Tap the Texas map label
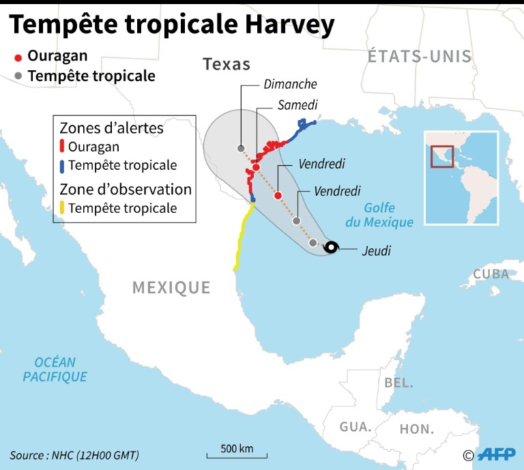[227, 65]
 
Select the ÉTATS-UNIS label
[420, 57]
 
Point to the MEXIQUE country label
[171, 287]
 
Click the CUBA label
[491, 274]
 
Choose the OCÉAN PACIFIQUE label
[55, 369]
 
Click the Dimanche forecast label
[290, 85]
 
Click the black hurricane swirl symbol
[331, 247]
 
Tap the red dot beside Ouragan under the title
[18, 58]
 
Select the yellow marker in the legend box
[63, 208]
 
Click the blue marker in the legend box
[63, 165]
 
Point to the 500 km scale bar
[237, 453]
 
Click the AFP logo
[497, 454]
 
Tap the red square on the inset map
[442, 156]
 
